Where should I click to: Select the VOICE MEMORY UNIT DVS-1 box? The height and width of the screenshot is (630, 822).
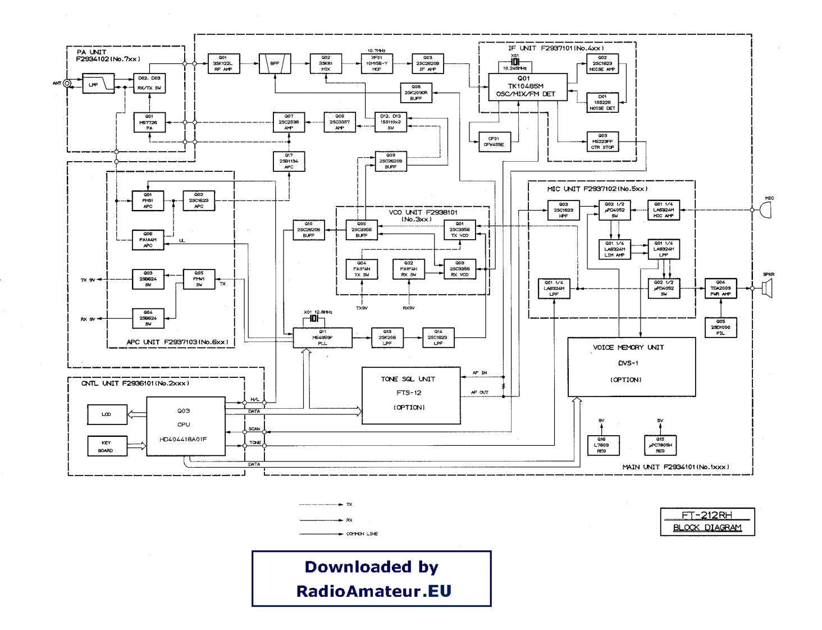tap(631, 367)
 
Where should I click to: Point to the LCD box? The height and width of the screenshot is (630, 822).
tap(107, 414)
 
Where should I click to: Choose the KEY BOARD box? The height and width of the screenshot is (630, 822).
tap(107, 446)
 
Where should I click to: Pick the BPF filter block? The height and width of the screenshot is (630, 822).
tap(275, 63)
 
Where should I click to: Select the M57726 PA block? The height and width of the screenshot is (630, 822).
tap(149, 122)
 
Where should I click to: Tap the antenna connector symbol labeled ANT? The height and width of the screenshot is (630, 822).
tap(67, 84)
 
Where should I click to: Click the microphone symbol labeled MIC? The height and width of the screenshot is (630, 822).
tap(765, 210)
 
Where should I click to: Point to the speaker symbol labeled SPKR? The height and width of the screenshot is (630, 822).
tap(768, 288)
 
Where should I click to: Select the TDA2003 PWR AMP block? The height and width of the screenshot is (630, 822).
tap(720, 288)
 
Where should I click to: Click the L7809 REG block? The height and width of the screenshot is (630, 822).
tap(601, 445)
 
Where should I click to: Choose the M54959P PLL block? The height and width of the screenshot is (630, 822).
tap(322, 337)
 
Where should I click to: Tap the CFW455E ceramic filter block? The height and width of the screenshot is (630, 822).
tap(494, 141)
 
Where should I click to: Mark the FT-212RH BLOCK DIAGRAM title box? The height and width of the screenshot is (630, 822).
tap(707, 522)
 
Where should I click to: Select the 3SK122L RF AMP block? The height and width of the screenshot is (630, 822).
tap(223, 63)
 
